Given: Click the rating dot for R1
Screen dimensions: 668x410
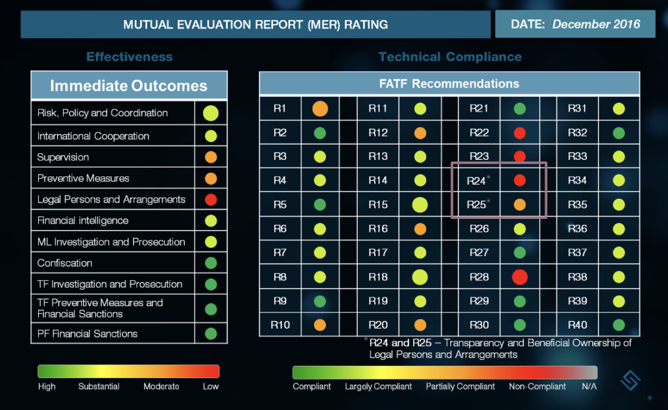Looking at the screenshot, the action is tap(320, 109).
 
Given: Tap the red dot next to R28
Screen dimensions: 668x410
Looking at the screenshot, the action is tap(519, 277).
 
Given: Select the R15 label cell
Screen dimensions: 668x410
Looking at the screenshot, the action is tap(378, 205).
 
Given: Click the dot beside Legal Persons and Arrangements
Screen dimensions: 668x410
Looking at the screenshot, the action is tap(211, 199).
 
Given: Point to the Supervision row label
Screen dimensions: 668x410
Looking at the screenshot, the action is tap(63, 157).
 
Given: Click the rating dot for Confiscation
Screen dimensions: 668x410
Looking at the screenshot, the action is tap(211, 263).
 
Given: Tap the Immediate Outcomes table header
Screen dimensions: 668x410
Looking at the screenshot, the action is tap(129, 85).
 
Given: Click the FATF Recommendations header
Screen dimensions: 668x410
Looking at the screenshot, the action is tap(449, 84).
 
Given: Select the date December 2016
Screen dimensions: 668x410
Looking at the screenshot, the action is tap(596, 24).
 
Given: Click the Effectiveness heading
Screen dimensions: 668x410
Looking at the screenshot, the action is tap(130, 57).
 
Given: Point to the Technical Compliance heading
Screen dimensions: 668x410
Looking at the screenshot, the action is tap(450, 57).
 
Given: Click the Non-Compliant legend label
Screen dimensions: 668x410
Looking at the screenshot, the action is tap(537, 387).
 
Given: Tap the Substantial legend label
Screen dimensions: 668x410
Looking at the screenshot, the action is tap(99, 387).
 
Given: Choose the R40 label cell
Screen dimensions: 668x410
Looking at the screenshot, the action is tap(577, 325).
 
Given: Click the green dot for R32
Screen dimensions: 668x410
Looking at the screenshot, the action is tap(619, 133).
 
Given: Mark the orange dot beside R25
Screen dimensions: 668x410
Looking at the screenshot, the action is tap(519, 205).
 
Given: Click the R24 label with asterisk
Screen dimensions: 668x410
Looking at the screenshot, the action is tap(478, 181).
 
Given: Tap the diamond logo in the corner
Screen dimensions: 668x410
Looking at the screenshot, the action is tap(630, 380).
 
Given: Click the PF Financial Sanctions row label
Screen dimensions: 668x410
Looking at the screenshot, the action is tap(88, 333).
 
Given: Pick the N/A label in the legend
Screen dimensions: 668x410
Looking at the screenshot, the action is tap(589, 387).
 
